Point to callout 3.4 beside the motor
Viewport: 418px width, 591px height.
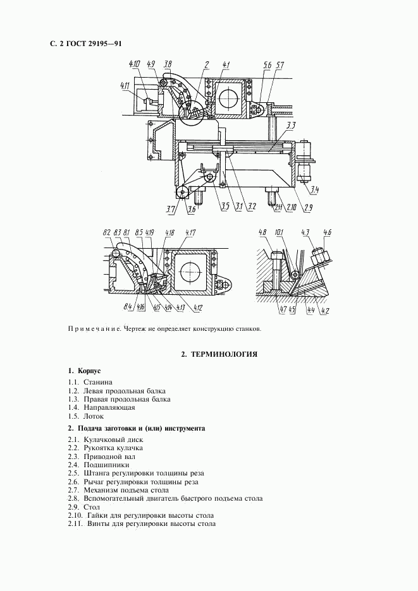pyautogui.click(x=315, y=189)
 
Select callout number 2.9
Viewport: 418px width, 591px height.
pyautogui.click(x=307, y=206)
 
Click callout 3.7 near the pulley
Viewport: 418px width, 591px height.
pyautogui.click(x=171, y=209)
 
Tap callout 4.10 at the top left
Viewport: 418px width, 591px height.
pyautogui.click(x=134, y=64)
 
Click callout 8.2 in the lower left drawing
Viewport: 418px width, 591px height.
pyautogui.click(x=107, y=234)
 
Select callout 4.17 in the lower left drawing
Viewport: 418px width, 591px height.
pyautogui.click(x=190, y=234)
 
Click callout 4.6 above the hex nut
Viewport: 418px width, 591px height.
pyautogui.click(x=327, y=234)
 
